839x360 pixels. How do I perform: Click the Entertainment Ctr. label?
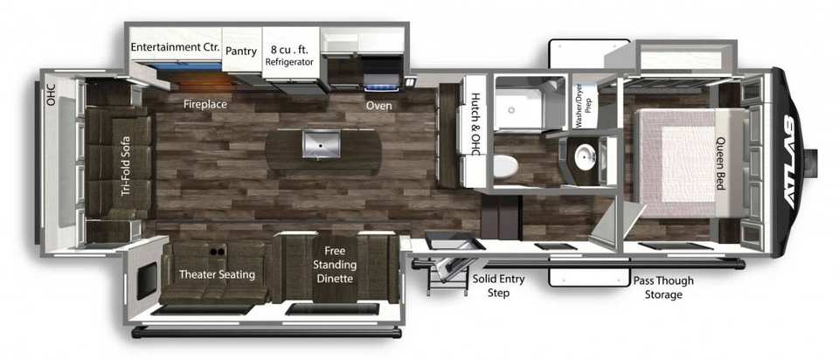pyautogui.click(x=175, y=47)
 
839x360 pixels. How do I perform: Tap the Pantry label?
pyautogui.click(x=241, y=52)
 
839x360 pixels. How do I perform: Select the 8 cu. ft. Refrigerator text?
pyautogui.click(x=289, y=56)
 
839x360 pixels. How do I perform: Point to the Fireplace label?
pyautogui.click(x=205, y=104)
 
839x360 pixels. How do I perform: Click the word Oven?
pyautogui.click(x=378, y=106)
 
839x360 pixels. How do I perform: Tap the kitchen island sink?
pyautogui.click(x=321, y=144)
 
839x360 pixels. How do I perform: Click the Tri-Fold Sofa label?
pyautogui.click(x=126, y=165)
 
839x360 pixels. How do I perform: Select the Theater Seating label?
pyautogui.click(x=217, y=275)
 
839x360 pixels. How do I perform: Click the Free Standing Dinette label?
pyautogui.click(x=335, y=264)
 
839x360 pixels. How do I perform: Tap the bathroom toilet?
pyautogui.click(x=504, y=166)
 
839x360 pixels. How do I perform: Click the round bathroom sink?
pyautogui.click(x=585, y=157)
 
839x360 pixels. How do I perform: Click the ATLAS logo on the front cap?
pyautogui.click(x=790, y=163)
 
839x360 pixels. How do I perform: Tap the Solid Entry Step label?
pyautogui.click(x=498, y=287)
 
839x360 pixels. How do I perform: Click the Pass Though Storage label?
pyautogui.click(x=663, y=287)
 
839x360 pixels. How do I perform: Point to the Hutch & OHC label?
pyautogui.click(x=476, y=124)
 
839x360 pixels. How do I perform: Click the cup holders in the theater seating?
pyautogui.click(x=217, y=251)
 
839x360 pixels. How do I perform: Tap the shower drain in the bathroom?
pyautogui.click(x=511, y=109)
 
